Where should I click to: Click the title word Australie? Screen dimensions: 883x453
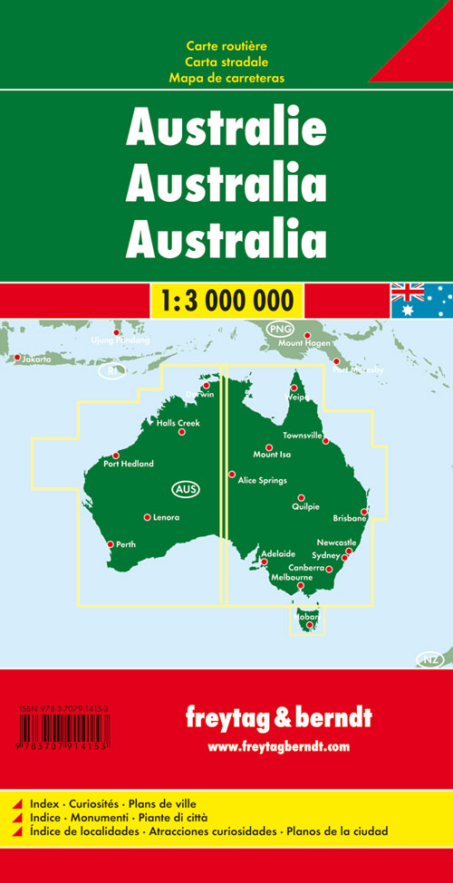(226, 130)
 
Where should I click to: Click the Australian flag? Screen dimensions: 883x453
(421, 300)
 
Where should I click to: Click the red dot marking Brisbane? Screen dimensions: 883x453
(364, 512)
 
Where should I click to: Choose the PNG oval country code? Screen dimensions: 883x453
(277, 330)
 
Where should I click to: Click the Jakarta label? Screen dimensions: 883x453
(37, 359)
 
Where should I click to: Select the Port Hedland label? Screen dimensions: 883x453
(129, 464)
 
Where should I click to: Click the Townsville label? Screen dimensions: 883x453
(302, 436)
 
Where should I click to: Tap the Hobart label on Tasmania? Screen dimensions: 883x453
(305, 617)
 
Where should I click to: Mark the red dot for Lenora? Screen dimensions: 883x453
(147, 517)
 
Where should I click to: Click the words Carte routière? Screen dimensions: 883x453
(226, 46)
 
